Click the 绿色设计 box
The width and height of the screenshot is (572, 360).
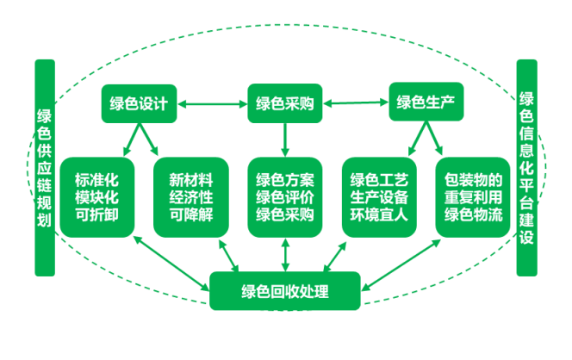tap(138, 104)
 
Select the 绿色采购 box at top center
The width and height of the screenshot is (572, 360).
tap(284, 104)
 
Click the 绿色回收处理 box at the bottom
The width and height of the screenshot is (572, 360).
tap(284, 289)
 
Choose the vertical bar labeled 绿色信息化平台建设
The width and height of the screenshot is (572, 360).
tap(527, 168)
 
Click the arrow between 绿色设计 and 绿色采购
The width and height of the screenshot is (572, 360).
tap(211, 105)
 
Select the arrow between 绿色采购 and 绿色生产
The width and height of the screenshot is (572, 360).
tap(355, 104)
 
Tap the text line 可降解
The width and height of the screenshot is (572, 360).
tap(190, 214)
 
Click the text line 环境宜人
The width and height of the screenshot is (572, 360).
tap(378, 214)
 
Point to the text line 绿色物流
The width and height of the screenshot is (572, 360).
tap(473, 214)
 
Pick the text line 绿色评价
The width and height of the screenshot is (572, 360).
tap(284, 197)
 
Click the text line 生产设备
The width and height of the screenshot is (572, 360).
tap(378, 197)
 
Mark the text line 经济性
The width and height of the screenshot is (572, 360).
tap(190, 197)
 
